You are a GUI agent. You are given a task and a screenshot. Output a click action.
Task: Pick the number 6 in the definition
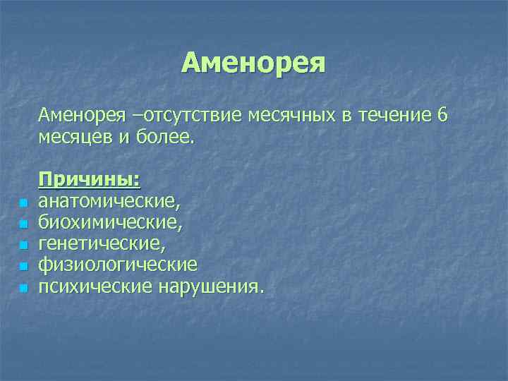click(442, 114)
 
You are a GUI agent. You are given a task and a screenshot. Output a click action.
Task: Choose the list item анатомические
click(109, 201)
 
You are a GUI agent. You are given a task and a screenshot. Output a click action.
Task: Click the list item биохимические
click(109, 222)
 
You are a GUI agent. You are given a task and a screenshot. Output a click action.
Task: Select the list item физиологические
click(117, 265)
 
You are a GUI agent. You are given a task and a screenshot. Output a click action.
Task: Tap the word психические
click(90, 286)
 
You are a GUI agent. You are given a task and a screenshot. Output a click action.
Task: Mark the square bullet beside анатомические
click(23, 204)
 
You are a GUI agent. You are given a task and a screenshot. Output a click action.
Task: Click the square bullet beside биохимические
click(23, 225)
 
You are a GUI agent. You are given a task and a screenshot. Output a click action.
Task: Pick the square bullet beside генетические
click(23, 246)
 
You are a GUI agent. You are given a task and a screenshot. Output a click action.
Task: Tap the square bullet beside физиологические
click(23, 267)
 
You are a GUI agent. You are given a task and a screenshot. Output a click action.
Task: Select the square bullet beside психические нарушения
click(23, 289)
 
